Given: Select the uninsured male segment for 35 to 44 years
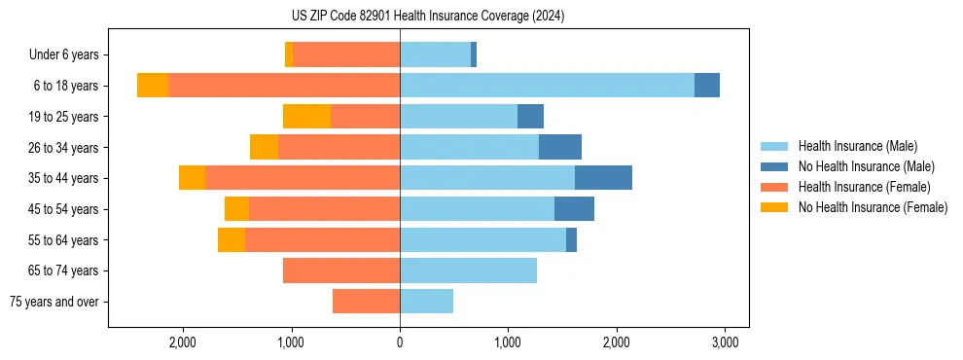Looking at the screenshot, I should pyautogui.click(x=603, y=178).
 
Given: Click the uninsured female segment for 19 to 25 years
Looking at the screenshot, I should pyautogui.click(x=306, y=117).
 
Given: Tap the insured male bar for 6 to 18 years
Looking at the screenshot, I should pyautogui.click(x=547, y=86).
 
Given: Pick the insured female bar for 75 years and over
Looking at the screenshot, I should pyautogui.click(x=366, y=302).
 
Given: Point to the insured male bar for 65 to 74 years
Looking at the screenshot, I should pyautogui.click(x=468, y=270).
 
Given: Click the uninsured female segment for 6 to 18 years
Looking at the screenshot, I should pyautogui.click(x=153, y=86).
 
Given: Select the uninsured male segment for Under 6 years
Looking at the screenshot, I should pyautogui.click(x=474, y=55).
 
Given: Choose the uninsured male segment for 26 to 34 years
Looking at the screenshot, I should pyautogui.click(x=560, y=147).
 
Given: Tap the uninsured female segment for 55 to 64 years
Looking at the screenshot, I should pyautogui.click(x=232, y=240).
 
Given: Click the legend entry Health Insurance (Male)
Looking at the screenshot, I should pyautogui.click(x=857, y=146).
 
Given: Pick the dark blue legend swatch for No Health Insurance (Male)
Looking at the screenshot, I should pyautogui.click(x=774, y=166).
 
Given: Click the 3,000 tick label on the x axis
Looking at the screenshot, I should pyautogui.click(x=723, y=342).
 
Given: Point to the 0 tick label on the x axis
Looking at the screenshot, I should pyautogui.click(x=400, y=342).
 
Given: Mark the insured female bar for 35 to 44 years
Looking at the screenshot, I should pyautogui.click(x=303, y=178).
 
